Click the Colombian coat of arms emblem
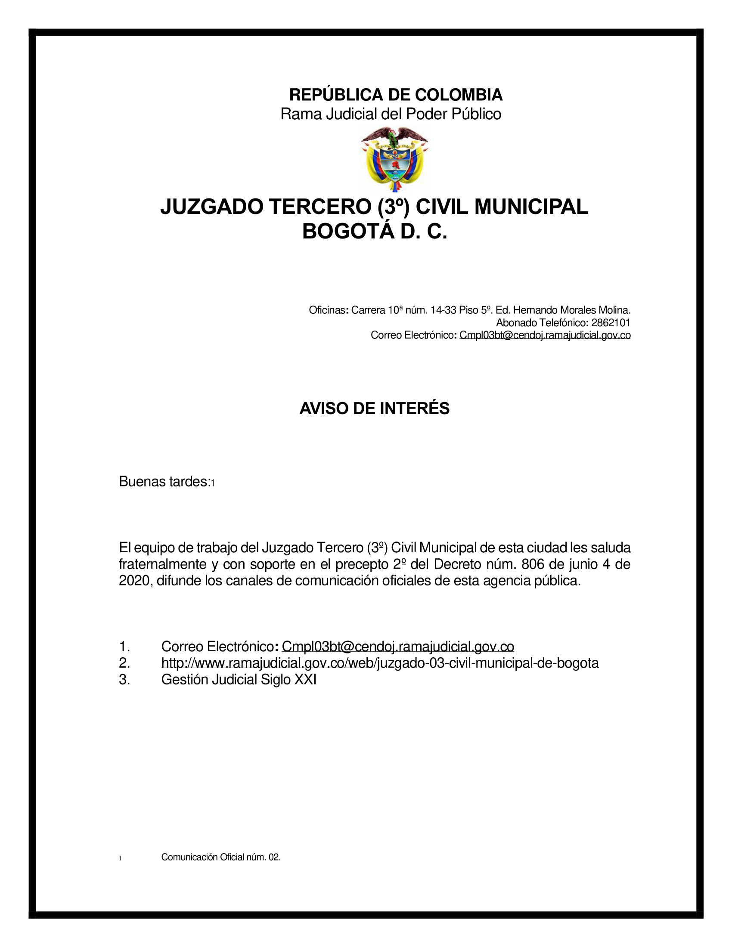394,159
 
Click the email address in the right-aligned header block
545,335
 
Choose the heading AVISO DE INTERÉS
374,409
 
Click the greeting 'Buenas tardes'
164,482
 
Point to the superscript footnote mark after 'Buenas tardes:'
213,483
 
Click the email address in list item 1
398,647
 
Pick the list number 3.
124,679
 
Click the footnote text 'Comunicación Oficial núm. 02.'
221,857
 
